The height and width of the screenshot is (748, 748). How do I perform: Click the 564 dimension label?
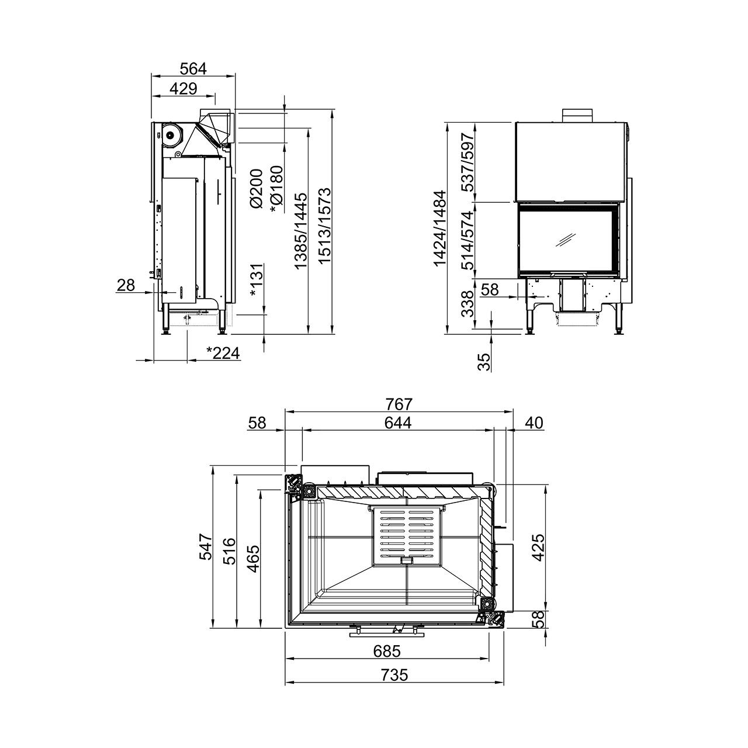[193, 69]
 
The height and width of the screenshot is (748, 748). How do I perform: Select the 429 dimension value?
[183, 89]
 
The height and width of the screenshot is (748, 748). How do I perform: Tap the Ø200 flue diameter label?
[257, 189]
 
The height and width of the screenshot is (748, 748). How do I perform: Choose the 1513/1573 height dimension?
[324, 226]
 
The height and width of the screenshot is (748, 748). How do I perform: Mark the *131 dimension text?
[257, 280]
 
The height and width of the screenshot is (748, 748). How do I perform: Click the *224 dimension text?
[223, 353]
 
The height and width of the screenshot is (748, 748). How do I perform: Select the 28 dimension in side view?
[126, 285]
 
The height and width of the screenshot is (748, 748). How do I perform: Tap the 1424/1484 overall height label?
[440, 228]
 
